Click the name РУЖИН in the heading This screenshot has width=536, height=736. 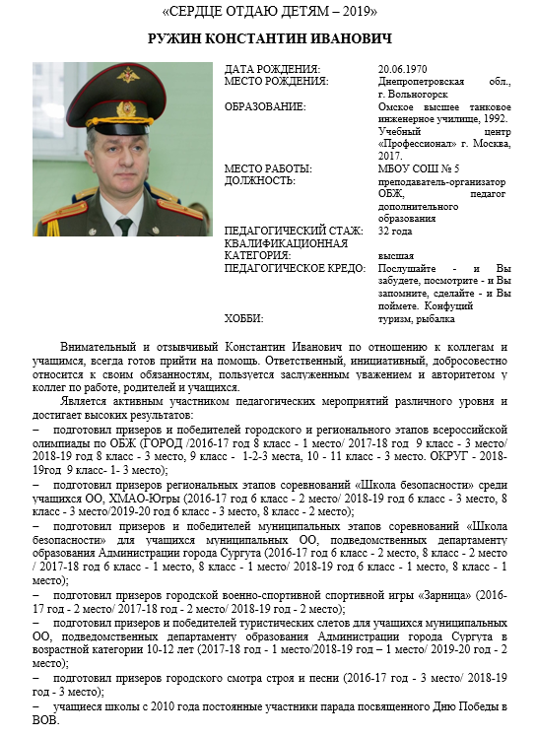[x=180, y=39]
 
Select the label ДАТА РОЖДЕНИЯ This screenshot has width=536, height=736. [x=269, y=68]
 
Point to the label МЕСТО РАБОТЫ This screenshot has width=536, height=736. [x=268, y=168]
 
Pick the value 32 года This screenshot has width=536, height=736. [x=396, y=231]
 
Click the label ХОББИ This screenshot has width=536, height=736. [x=243, y=318]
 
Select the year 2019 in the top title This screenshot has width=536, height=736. [x=357, y=14]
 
